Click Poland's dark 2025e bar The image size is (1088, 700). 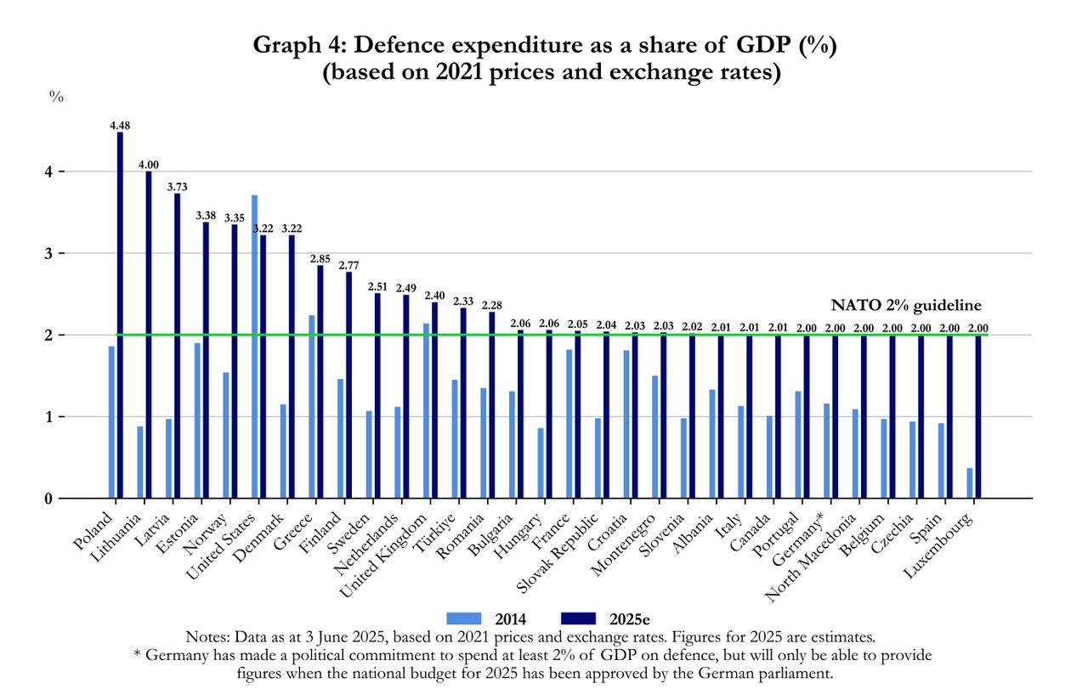click(x=120, y=314)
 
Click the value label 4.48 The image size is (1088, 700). click(x=120, y=126)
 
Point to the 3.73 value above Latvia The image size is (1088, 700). click(x=178, y=187)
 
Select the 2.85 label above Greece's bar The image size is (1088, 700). click(x=320, y=258)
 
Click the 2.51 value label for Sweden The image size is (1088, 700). click(x=377, y=286)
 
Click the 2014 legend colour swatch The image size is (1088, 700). click(x=464, y=618)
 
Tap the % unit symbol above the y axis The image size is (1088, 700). click(x=57, y=97)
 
